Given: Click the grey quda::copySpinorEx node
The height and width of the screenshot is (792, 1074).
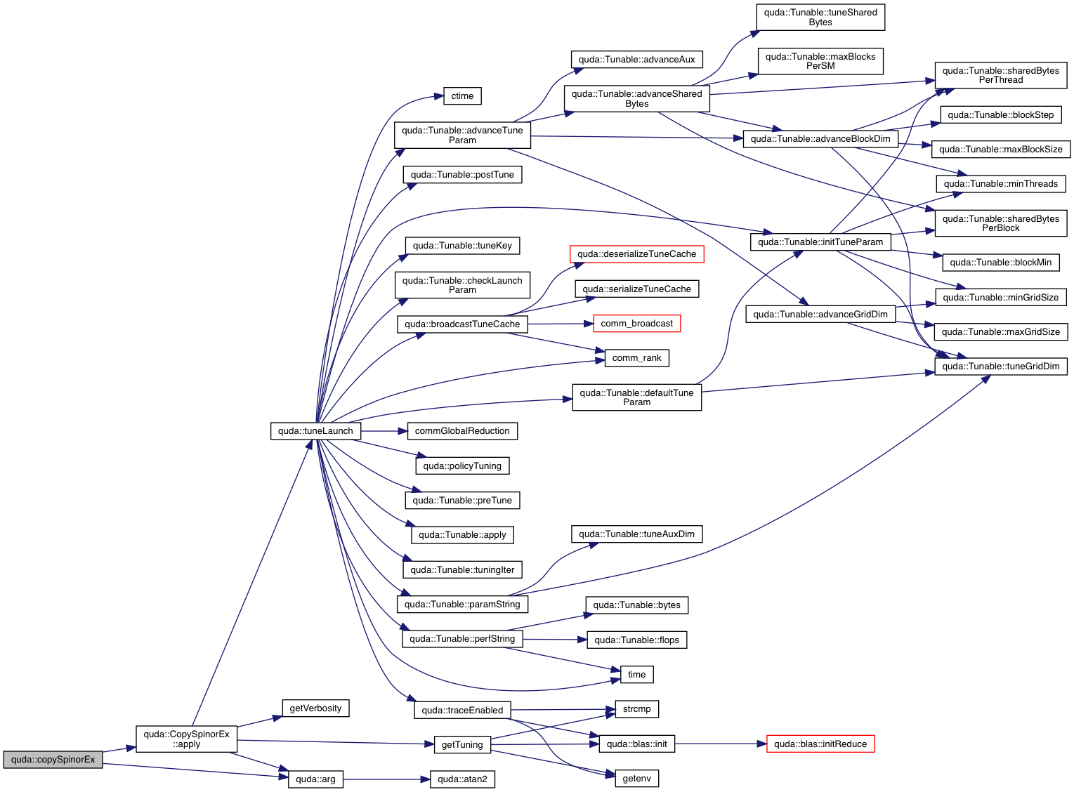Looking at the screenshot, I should coord(53,760).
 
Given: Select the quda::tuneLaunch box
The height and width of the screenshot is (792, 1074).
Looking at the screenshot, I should coord(315,431).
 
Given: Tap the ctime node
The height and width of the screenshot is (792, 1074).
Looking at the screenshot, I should coord(462,96).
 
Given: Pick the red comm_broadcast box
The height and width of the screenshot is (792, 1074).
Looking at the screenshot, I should coord(636,324).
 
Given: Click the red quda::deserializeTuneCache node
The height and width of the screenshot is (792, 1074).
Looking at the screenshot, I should coord(636,254).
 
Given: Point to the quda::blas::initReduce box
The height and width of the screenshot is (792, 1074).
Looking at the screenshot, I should coord(820,744).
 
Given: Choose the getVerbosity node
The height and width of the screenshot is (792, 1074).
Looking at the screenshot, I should coord(315,708).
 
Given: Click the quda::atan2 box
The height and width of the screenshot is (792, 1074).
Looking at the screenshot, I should coord(462,779).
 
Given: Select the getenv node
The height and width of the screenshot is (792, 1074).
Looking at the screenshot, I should coord(636,779).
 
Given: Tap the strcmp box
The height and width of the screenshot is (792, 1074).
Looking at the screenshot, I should coord(636,709).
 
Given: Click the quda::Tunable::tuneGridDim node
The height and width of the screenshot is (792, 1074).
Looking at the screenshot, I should coord(1000,367).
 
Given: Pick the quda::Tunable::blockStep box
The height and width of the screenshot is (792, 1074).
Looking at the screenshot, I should coord(1000,115).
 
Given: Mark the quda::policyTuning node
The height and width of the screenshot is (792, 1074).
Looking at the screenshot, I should coord(462,466).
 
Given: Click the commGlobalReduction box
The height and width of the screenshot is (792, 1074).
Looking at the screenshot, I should coord(462,431).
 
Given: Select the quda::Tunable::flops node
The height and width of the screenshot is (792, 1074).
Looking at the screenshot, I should coord(636,640).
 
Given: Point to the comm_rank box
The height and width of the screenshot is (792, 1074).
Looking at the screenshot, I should coord(636,358).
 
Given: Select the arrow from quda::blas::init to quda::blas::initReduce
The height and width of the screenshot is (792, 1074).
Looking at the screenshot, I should coord(720,744).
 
